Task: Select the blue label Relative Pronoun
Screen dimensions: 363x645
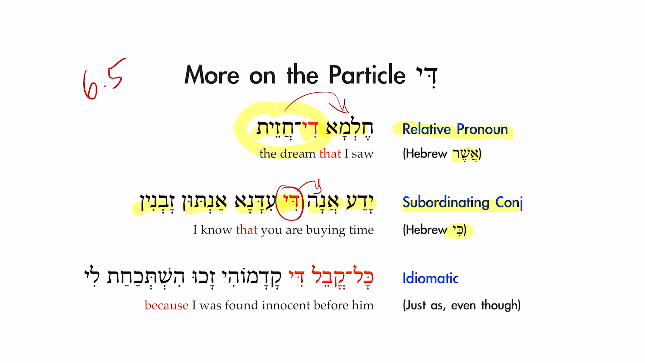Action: pyautogui.click(x=455, y=129)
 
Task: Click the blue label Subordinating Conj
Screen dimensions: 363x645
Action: pyautogui.click(x=462, y=203)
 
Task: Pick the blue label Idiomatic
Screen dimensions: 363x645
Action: pyautogui.click(x=430, y=278)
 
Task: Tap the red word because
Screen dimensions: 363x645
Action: pyautogui.click(x=166, y=306)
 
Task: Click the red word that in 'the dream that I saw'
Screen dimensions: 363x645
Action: pyautogui.click(x=330, y=154)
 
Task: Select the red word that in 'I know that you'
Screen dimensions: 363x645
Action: pyautogui.click(x=247, y=230)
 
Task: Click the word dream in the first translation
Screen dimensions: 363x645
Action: pyautogui.click(x=299, y=154)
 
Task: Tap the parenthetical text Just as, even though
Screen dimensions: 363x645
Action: pyautogui.click(x=462, y=306)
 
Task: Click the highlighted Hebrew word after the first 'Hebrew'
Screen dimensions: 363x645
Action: pyautogui.click(x=466, y=154)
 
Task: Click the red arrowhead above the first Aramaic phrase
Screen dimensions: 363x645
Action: pyautogui.click(x=344, y=108)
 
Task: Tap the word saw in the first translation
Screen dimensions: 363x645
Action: pyautogui.click(x=362, y=154)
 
